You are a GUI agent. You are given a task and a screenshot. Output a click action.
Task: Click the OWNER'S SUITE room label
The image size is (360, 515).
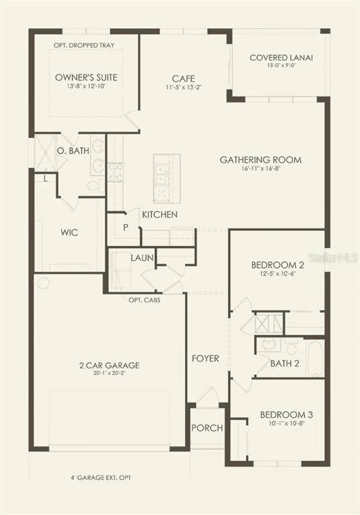(86, 78)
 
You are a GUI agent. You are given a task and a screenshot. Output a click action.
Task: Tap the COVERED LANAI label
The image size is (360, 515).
(281, 58)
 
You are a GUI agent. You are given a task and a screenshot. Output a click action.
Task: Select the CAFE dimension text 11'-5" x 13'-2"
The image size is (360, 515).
(184, 87)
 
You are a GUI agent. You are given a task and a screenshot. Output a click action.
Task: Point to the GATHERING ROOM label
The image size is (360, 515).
(261, 160)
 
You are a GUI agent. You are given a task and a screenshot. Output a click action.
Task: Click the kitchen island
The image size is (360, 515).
(167, 179)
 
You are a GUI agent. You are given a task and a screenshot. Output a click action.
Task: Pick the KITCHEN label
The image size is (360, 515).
(160, 215)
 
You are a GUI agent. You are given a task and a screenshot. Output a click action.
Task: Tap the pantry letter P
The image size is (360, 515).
(125, 227)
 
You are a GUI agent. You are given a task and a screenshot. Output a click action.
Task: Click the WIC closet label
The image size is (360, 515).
(69, 233)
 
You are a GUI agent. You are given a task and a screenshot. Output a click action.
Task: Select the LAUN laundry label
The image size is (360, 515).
(142, 257)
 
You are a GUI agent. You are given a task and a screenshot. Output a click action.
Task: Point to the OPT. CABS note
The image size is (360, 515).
(145, 300)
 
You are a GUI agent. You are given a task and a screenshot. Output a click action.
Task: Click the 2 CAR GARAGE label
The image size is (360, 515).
(109, 365)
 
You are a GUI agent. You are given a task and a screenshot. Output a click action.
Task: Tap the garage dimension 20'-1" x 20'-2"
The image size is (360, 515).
(109, 373)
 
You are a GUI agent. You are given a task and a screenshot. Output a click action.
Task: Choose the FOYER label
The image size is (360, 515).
(205, 358)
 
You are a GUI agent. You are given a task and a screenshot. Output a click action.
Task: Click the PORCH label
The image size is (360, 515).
(207, 428)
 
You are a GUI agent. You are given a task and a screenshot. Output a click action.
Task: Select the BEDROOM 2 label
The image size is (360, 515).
(278, 265)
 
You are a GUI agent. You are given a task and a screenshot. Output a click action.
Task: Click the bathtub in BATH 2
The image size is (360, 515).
(315, 359)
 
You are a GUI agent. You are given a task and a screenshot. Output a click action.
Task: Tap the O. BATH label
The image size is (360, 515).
(73, 151)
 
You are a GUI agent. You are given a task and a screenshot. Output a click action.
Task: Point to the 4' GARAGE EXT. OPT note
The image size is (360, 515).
(101, 477)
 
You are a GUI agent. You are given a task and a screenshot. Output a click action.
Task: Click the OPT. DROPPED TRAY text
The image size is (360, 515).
(84, 46)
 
